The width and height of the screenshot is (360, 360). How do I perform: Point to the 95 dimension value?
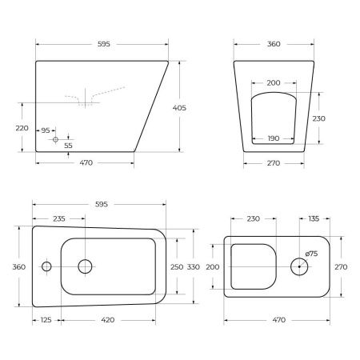point(46,130)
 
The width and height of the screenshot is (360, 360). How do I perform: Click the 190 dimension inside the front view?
point(273,138)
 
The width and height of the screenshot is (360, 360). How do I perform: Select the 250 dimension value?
point(178,266)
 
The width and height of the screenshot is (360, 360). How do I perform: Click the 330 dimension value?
point(194,266)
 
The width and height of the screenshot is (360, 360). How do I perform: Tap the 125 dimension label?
point(46,320)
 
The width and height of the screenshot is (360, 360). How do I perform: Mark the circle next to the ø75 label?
point(301,266)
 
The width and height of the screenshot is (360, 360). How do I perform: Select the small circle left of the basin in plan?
point(46,266)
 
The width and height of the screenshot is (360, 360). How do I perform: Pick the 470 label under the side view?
point(86,163)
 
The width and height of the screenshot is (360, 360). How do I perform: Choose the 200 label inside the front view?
point(273,83)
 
